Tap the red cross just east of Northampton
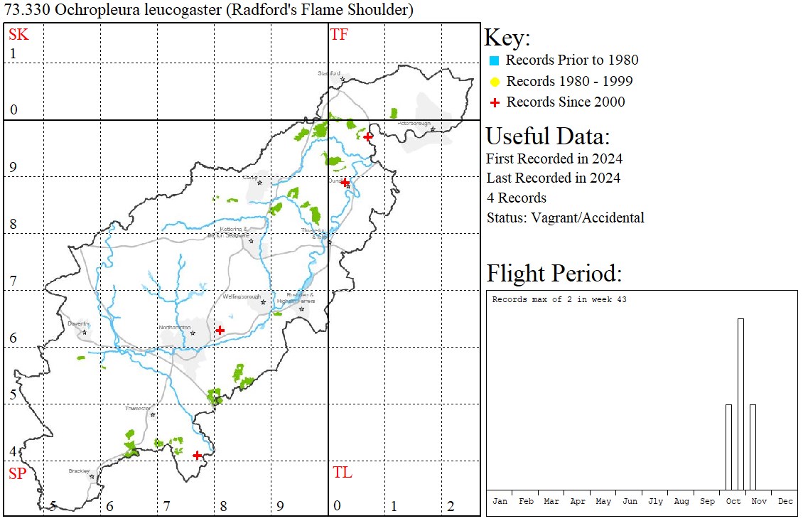click(x=220, y=330)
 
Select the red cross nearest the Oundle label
click(x=345, y=183)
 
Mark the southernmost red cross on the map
click(x=197, y=455)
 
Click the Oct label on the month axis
click(x=733, y=501)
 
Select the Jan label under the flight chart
click(x=500, y=501)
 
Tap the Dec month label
click(x=785, y=501)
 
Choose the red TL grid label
click(x=343, y=473)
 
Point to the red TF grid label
click(x=340, y=34)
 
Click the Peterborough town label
click(x=414, y=124)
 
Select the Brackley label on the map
click(x=79, y=471)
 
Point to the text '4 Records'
click(x=517, y=198)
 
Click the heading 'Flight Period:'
click(x=554, y=274)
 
